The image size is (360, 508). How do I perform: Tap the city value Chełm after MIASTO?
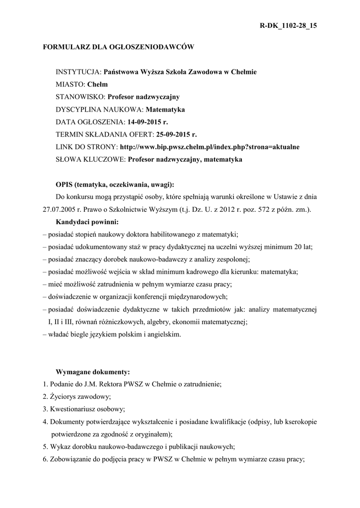pos(97,84)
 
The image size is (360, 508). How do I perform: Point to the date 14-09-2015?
pos(142,122)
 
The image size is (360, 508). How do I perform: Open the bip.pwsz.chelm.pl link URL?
pos(210,147)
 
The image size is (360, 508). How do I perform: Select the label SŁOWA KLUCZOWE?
pos(90,159)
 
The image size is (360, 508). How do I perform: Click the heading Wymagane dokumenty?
pos(93,372)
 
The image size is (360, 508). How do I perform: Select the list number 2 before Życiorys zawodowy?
pos(45,396)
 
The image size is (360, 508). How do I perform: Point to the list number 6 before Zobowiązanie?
pos(45,459)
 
